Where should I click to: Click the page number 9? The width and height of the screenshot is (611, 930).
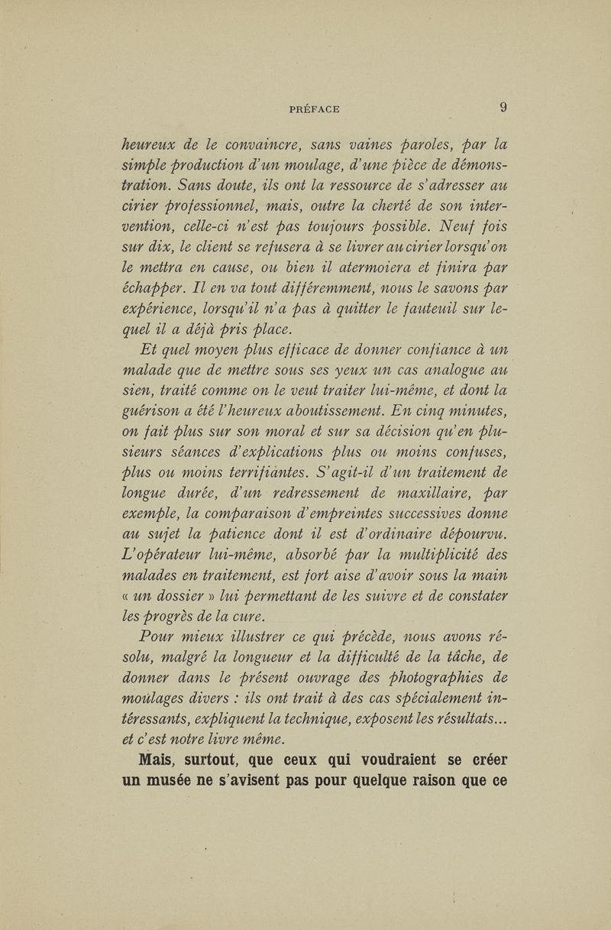tap(503, 108)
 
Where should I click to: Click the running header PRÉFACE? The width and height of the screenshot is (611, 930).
tap(315, 109)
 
